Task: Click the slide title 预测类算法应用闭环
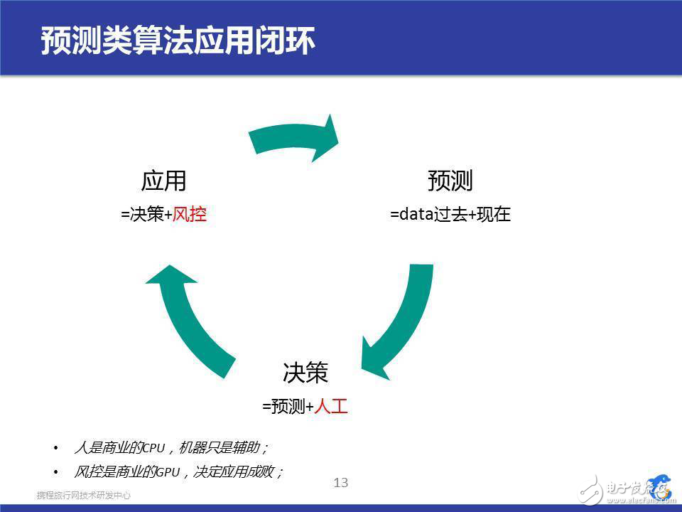click(178, 41)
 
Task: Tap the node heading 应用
click(163, 181)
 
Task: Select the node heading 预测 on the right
click(450, 181)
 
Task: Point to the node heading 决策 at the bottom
click(305, 373)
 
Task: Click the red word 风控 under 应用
click(190, 215)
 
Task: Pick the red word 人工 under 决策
click(331, 407)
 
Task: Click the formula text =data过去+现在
click(450, 215)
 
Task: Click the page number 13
click(341, 483)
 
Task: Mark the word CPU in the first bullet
click(153, 449)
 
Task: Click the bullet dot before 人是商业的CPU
click(56, 449)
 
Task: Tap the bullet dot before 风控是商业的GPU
click(56, 471)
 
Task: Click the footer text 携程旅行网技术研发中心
click(84, 495)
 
